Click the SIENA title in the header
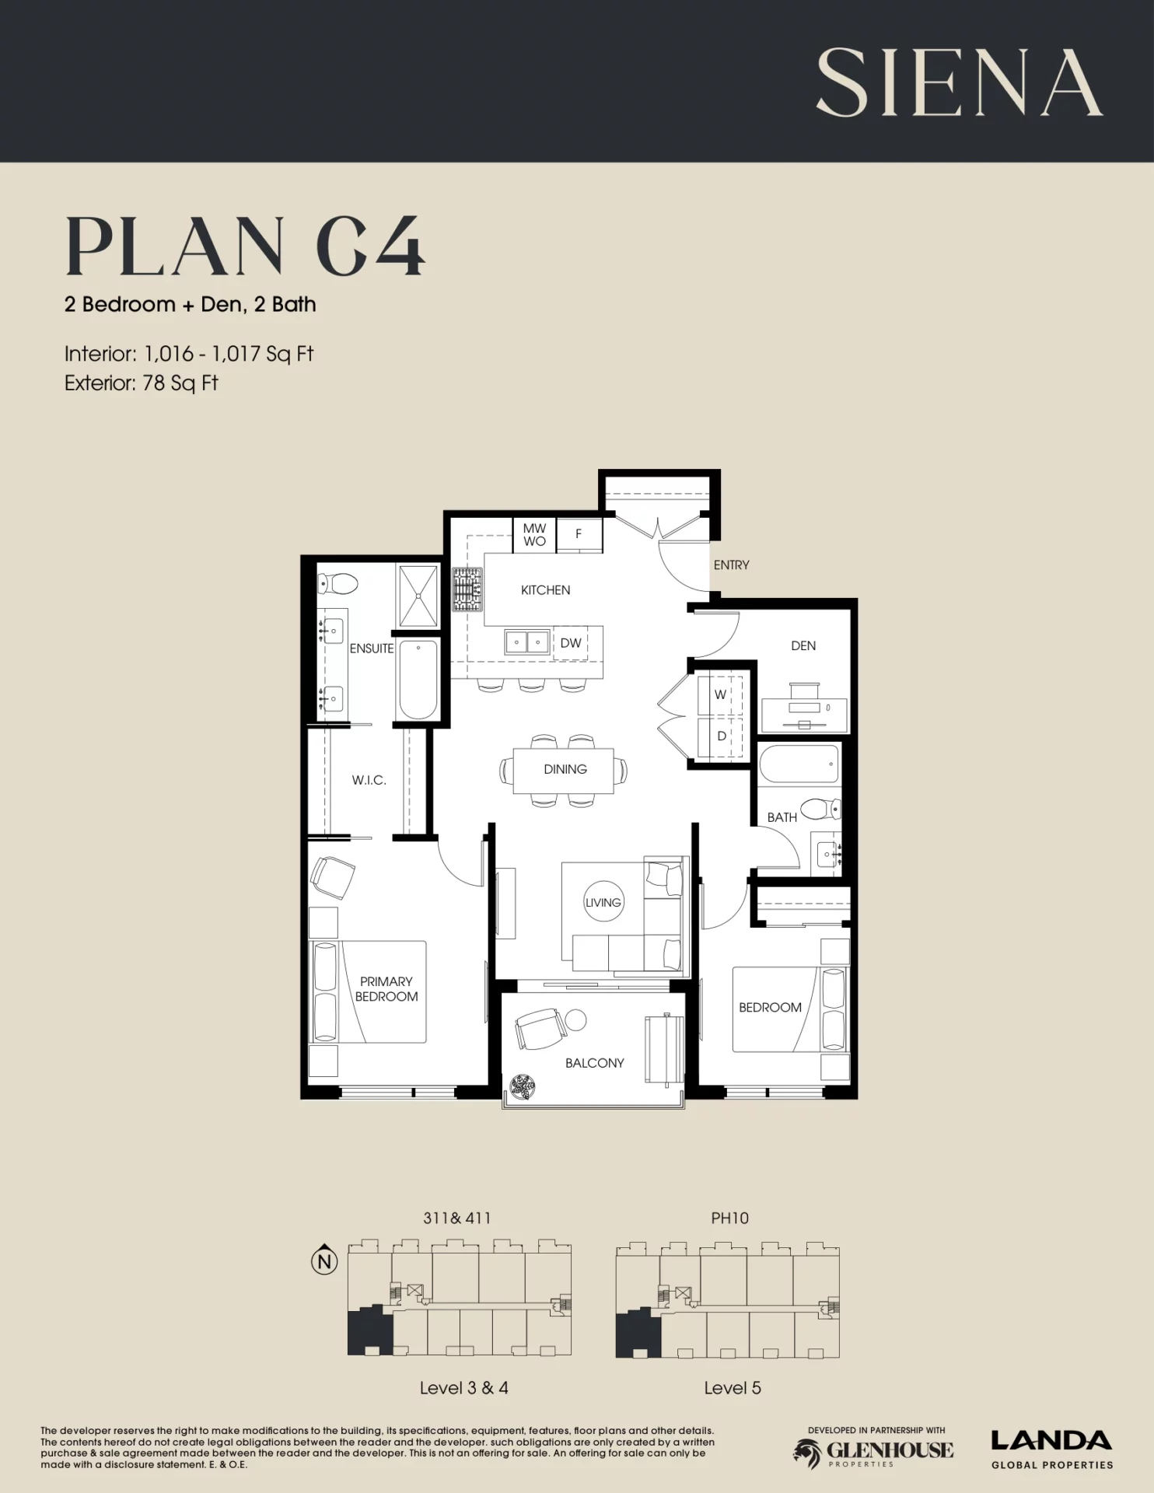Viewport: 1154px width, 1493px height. point(959,82)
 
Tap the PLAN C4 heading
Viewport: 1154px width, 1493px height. point(245,247)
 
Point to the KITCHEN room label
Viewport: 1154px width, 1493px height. point(545,590)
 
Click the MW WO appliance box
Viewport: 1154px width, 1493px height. point(534,535)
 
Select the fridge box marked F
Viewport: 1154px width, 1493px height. point(579,534)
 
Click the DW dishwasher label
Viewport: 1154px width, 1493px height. point(571,643)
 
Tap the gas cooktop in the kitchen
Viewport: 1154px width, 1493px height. point(467,589)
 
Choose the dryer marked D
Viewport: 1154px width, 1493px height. point(721,736)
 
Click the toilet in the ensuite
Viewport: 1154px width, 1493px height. point(337,583)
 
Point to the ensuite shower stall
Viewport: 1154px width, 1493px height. point(418,596)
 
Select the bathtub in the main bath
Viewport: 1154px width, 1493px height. point(799,764)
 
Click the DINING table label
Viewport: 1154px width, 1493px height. point(565,769)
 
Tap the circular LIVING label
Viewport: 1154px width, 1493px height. point(603,902)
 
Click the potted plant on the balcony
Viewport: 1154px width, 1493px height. point(523,1086)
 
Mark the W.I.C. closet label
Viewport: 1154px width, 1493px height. point(369,780)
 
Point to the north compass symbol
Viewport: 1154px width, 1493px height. point(325,1260)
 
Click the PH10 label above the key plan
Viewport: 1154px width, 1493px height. point(729,1219)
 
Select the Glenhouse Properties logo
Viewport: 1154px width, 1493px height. point(873,1451)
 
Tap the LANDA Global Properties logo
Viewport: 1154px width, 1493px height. point(1052,1450)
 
